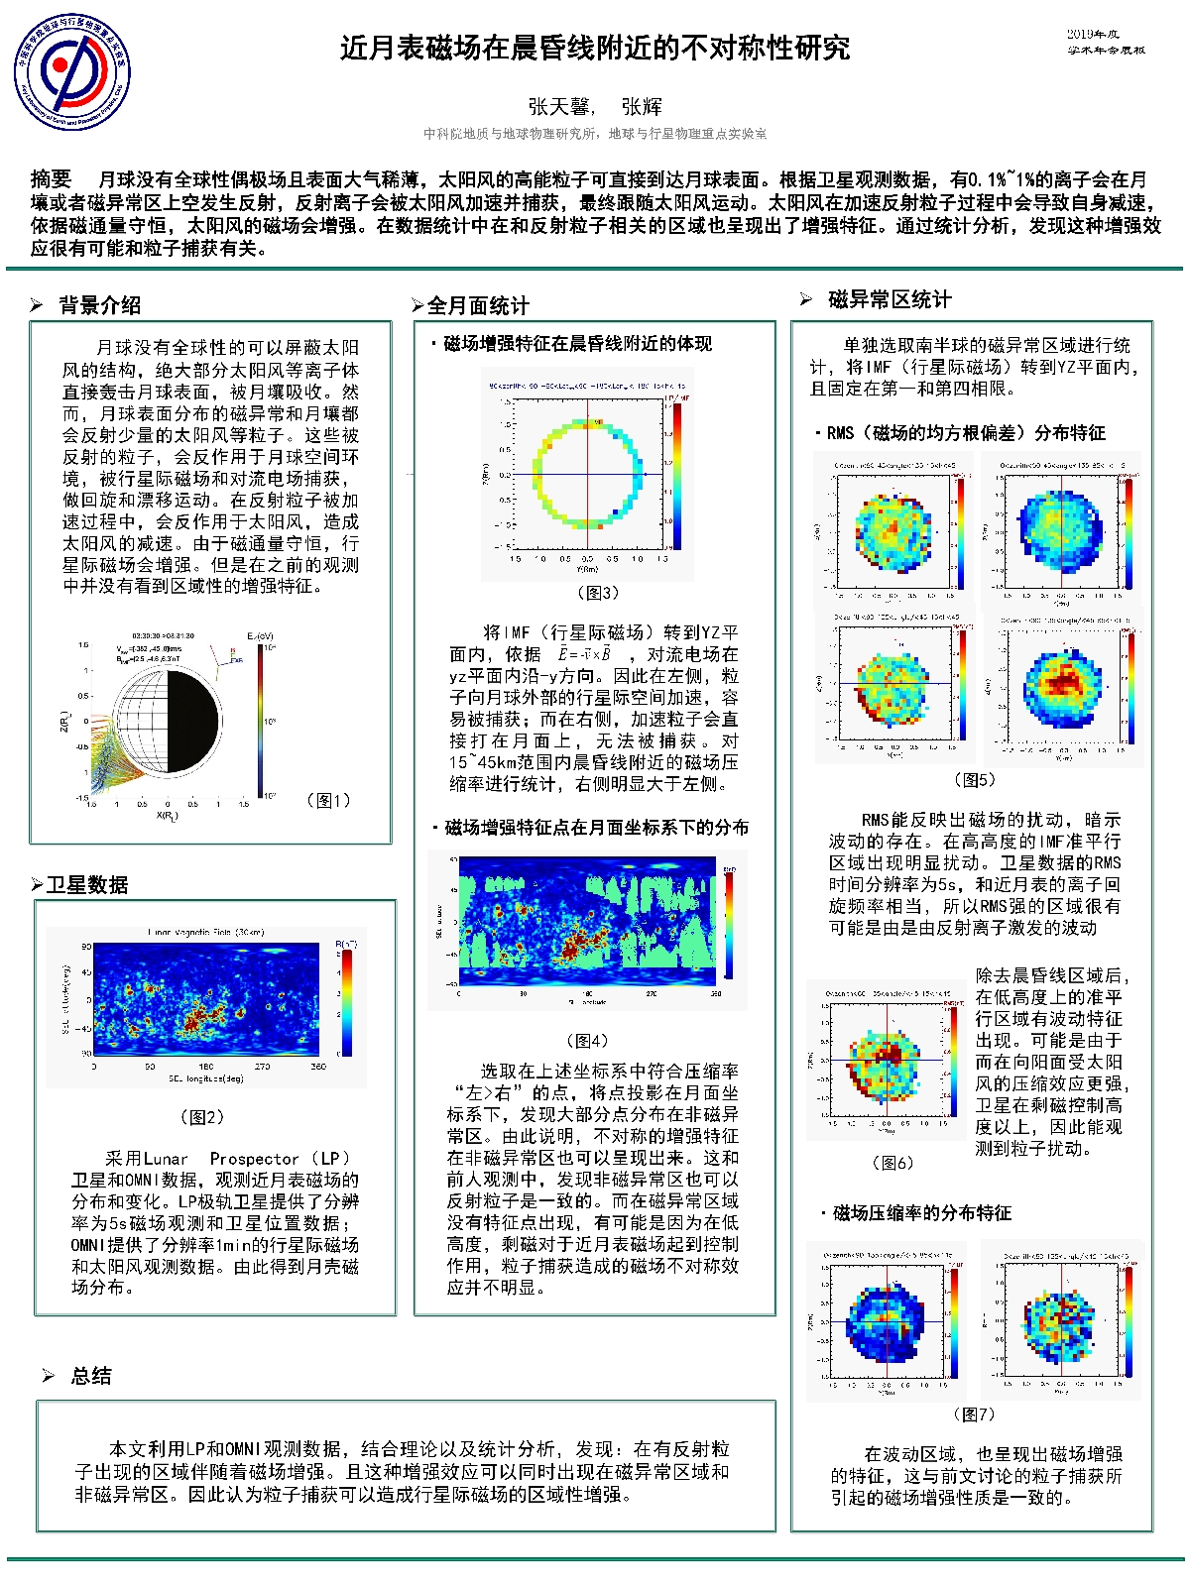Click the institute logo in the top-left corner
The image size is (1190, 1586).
(71, 71)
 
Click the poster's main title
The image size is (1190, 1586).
(595, 49)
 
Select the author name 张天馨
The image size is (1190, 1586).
(559, 107)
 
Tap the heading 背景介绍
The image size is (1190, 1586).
(99, 305)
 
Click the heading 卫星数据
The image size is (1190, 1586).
(87, 885)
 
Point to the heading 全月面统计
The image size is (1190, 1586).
(478, 305)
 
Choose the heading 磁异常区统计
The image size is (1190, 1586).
(890, 299)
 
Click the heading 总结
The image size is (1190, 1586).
(91, 1376)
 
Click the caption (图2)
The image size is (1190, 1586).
(202, 1117)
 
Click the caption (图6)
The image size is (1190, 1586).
(892, 1163)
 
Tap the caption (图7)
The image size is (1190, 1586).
(973, 1415)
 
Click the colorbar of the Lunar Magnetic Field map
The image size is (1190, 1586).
(347, 1002)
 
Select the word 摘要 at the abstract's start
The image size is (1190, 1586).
(52, 179)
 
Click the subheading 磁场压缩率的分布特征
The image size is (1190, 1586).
(922, 1213)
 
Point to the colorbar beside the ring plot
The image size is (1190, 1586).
(677, 475)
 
